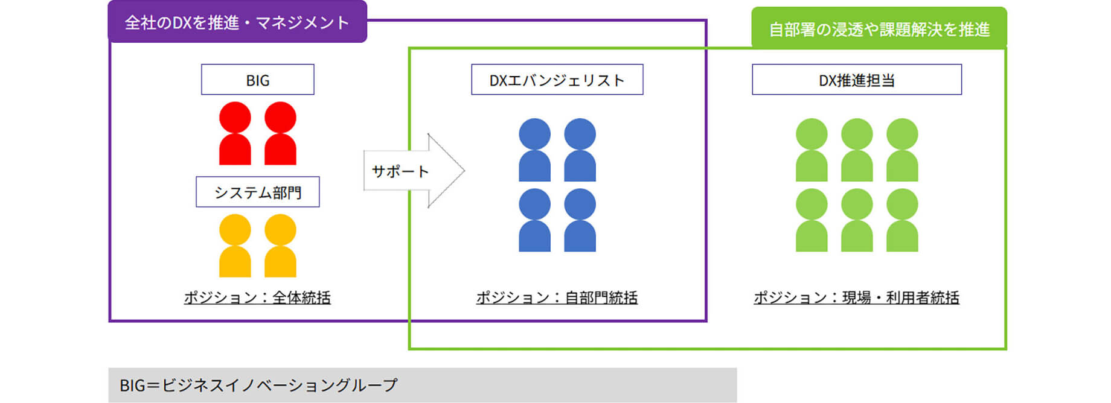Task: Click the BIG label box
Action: (257, 80)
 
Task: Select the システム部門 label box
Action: (257, 192)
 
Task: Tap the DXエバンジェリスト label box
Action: (557, 80)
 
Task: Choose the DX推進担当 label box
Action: (856, 80)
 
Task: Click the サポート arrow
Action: (411, 171)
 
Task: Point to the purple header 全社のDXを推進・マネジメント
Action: (237, 22)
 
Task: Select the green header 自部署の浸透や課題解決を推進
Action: (879, 28)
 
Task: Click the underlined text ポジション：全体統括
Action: (257, 297)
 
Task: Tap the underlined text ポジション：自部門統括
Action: (557, 297)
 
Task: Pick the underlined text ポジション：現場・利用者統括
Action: (856, 297)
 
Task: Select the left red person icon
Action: (235, 134)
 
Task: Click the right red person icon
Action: (280, 134)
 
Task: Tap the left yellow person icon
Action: (235, 246)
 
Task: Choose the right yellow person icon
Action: (280, 246)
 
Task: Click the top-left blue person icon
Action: (534, 150)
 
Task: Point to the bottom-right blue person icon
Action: (580, 220)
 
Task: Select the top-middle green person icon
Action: (857, 150)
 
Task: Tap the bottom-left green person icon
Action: (812, 220)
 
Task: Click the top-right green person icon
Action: (902, 150)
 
